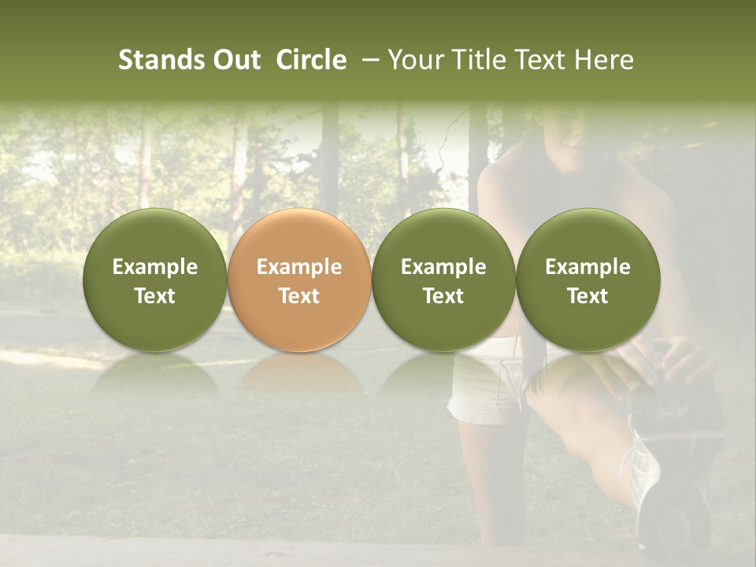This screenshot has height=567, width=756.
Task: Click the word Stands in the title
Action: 160,60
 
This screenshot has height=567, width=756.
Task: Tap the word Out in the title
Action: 235,60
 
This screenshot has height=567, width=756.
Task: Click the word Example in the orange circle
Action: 299,267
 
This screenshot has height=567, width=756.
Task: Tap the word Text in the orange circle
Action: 299,296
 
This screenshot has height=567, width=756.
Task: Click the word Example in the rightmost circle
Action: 587,267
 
